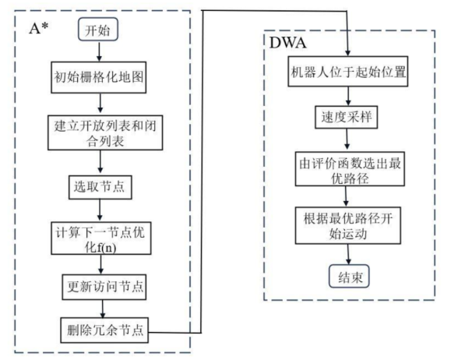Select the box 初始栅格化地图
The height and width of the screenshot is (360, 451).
[x=97, y=80]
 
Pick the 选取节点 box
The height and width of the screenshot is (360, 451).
[x=98, y=187]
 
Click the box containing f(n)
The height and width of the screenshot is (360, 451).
[x=98, y=239]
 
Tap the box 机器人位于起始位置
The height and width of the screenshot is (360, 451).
[x=349, y=74]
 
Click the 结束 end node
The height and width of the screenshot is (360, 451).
[x=349, y=276]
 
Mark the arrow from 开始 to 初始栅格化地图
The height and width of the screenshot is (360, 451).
[x=97, y=55]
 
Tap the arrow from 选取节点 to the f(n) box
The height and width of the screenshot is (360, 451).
[x=99, y=210]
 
